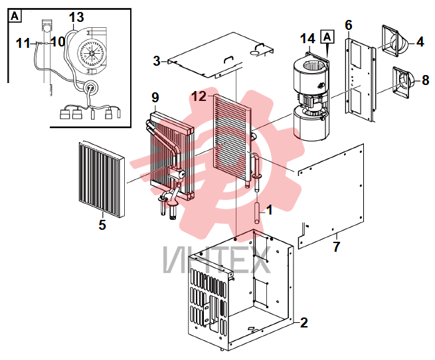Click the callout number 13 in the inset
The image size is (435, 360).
coord(76,17)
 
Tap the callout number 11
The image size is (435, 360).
coord(23,43)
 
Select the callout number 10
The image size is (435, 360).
coord(58,42)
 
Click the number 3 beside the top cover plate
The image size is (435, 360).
coord(157,61)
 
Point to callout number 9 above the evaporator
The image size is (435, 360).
coord(155,98)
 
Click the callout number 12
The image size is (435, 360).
coord(199,96)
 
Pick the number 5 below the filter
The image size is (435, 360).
coord(102,225)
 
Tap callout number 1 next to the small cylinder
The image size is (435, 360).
coord(269,210)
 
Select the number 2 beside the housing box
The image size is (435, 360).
coord(304,323)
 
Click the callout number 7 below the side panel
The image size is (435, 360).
coord(337,247)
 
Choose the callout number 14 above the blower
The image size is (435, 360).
coord(307,39)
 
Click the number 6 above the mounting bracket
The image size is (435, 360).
coord(349,25)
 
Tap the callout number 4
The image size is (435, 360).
coord(420,42)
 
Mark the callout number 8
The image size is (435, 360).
coord(426,80)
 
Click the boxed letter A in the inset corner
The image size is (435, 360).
coord(15,16)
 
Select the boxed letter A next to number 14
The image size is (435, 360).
coord(327,37)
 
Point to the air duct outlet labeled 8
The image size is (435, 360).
coord(402,82)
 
